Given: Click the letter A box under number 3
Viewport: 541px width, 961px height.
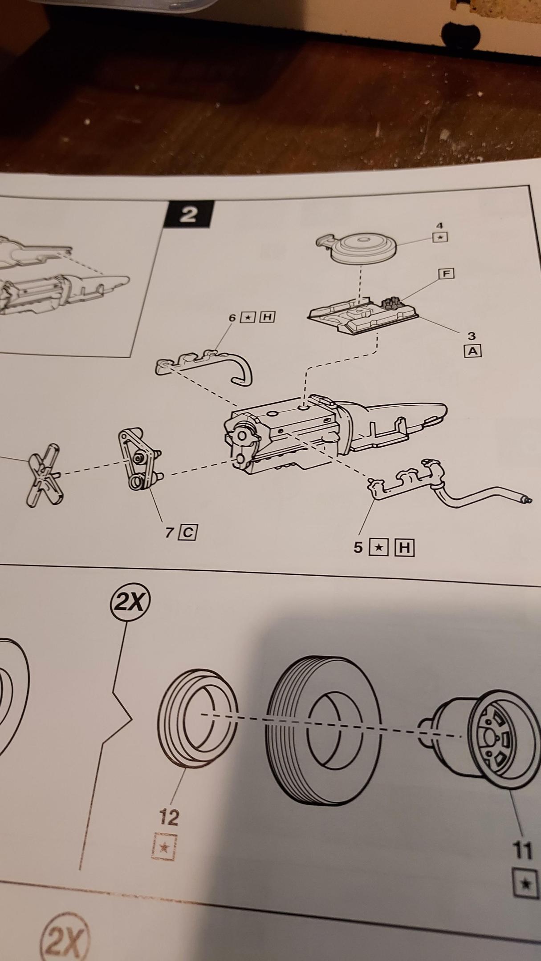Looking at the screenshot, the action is (x=473, y=351).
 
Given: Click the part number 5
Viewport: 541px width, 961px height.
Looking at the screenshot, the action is (x=358, y=547).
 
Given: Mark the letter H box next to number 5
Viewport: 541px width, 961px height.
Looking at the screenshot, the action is (x=404, y=548).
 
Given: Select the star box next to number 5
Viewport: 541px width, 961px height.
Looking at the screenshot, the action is (x=378, y=548).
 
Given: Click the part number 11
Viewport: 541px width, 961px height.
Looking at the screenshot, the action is (x=522, y=851).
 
